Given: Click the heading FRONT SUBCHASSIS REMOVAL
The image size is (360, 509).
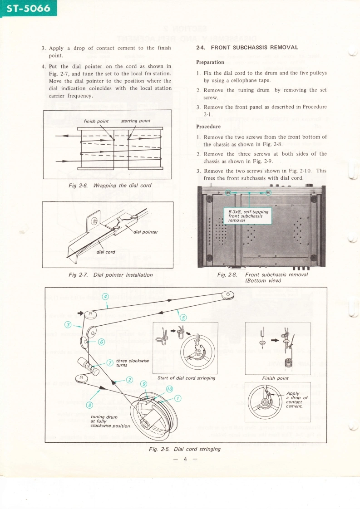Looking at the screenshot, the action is point(247,48).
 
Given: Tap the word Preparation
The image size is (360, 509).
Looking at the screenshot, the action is point(210,62).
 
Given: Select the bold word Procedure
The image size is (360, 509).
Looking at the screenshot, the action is point(208,127).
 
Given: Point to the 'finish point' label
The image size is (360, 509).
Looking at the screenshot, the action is point(96,121).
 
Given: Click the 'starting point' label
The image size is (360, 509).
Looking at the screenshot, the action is point(136,121).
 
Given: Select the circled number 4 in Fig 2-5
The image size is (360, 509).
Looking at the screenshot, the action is point(105,297).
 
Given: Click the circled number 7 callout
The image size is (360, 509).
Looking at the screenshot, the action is point(109,362).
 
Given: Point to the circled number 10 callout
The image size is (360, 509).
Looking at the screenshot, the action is point(169,389).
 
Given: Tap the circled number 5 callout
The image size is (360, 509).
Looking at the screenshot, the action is point(183,317).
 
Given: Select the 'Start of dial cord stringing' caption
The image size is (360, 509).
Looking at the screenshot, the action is point(186,378).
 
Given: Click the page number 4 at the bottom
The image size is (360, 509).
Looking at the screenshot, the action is point(185,459).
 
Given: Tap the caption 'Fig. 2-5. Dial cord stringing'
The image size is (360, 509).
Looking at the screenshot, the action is point(185,449).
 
